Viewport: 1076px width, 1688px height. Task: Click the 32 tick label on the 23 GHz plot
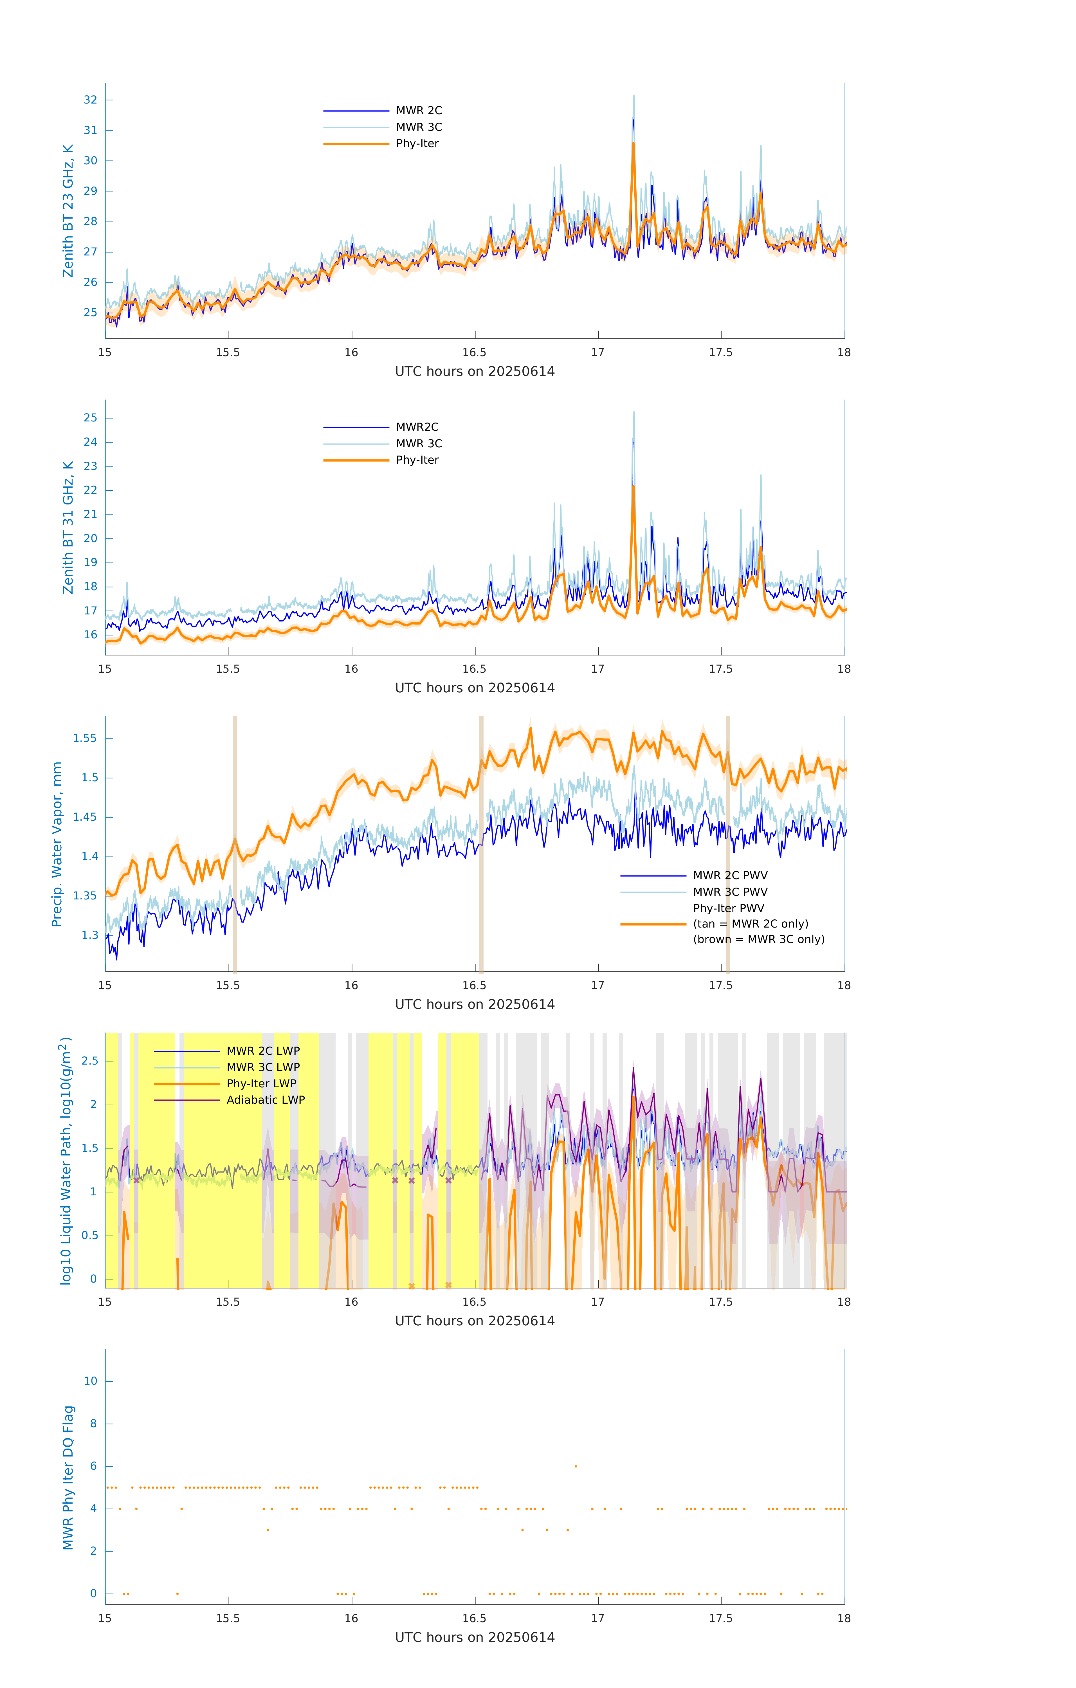(90, 100)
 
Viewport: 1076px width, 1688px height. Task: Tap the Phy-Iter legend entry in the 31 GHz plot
(417, 460)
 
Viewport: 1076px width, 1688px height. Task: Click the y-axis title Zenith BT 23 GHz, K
(68, 211)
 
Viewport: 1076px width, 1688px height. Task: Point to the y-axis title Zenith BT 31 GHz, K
(68, 527)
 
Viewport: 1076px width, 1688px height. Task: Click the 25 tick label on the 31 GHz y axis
(90, 418)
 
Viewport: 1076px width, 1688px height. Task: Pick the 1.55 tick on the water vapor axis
(85, 738)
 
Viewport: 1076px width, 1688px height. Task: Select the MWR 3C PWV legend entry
(730, 892)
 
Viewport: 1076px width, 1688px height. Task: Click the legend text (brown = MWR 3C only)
(758, 939)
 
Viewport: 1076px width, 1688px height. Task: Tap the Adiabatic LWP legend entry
(266, 1100)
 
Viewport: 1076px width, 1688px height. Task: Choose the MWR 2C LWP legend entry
(263, 1051)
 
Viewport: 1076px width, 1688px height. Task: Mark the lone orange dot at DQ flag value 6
(576, 1466)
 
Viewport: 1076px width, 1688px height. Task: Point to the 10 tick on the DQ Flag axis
(90, 1381)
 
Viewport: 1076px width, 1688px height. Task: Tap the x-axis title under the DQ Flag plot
(475, 1638)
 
